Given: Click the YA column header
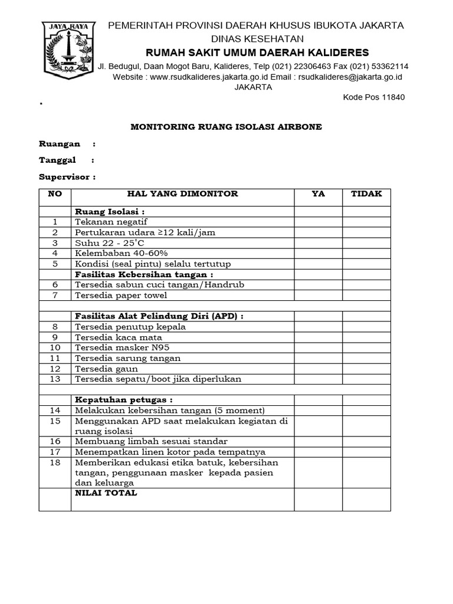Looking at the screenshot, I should click(318, 194).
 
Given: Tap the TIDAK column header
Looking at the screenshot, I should click(366, 194).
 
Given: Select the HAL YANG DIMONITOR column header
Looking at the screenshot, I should click(182, 194).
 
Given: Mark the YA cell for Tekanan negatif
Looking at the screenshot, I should click(318, 222).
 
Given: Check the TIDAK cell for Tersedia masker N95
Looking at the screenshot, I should click(366, 347).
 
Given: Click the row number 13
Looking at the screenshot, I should click(55, 379).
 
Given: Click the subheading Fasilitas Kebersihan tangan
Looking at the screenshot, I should click(143, 274).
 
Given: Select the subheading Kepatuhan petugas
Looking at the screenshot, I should click(123, 400).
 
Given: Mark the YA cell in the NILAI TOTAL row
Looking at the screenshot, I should click(318, 499).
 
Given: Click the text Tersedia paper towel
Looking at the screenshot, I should click(121, 295).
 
